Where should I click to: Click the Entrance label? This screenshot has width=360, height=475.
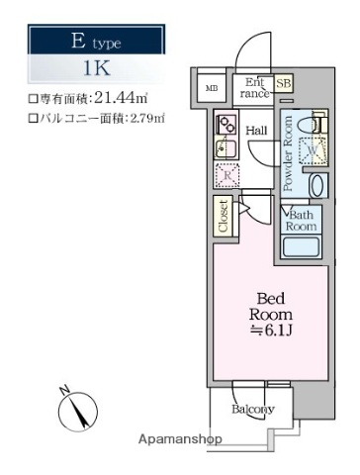coord(254,89)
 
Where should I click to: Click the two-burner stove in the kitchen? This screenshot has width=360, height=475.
coord(225,125)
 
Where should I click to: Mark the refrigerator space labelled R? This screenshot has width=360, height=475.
coord(225,176)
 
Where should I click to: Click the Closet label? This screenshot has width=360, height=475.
coord(225,218)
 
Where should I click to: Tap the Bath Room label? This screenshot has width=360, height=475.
coord(301,221)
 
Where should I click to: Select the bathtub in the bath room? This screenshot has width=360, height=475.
coord(301,245)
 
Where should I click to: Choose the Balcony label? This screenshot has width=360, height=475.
coord(252,410)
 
